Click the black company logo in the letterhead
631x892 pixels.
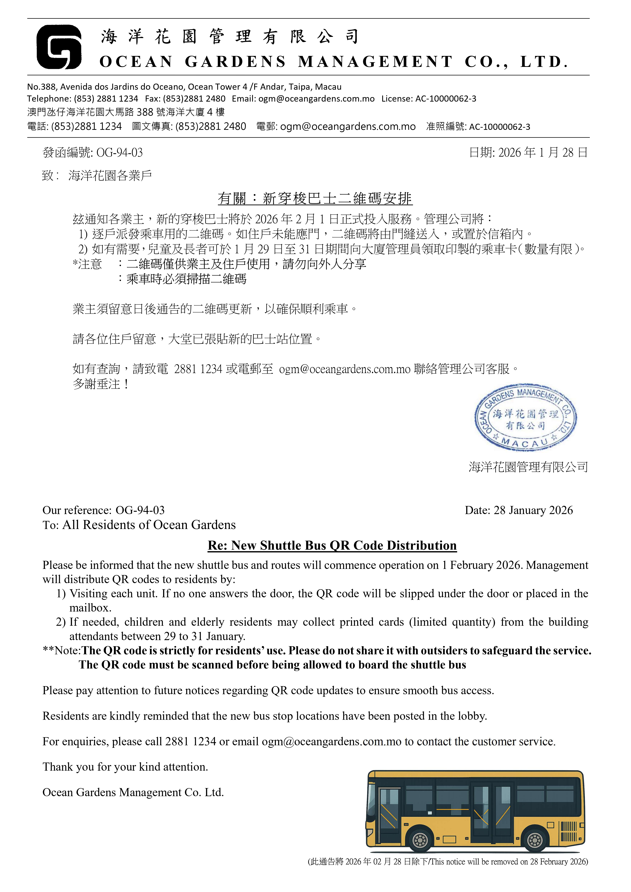coord(59,47)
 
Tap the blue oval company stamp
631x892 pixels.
coord(525,418)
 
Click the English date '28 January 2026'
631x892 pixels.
coord(533,510)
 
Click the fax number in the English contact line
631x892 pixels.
coord(194,99)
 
